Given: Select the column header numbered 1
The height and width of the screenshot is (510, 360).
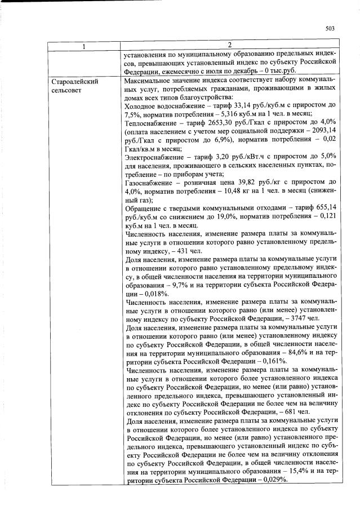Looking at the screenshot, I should pyautogui.click(x=84, y=46).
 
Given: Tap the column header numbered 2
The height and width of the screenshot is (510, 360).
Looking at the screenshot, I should pyautogui.click(x=229, y=46).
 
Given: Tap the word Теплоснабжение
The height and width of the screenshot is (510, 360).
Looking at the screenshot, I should pyautogui.click(x=151, y=121).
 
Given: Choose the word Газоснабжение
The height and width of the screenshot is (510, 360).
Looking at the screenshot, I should pyautogui.click(x=149, y=183).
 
